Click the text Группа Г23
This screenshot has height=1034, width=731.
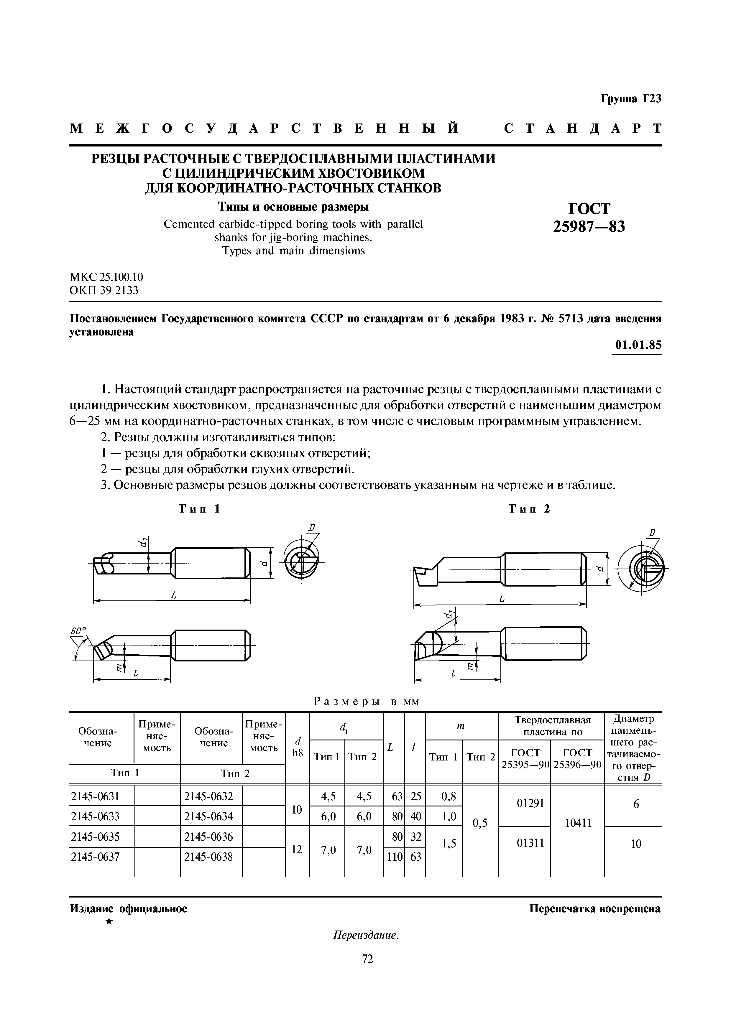(x=630, y=99)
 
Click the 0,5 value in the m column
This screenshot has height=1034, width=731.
(x=480, y=823)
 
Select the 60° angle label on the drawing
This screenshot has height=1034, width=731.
(x=78, y=631)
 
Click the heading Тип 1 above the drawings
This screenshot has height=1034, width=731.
(x=199, y=509)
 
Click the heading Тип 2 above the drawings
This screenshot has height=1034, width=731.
(x=529, y=509)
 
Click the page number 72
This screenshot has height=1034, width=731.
(x=367, y=959)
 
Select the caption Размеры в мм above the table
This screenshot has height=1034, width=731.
(x=366, y=701)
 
